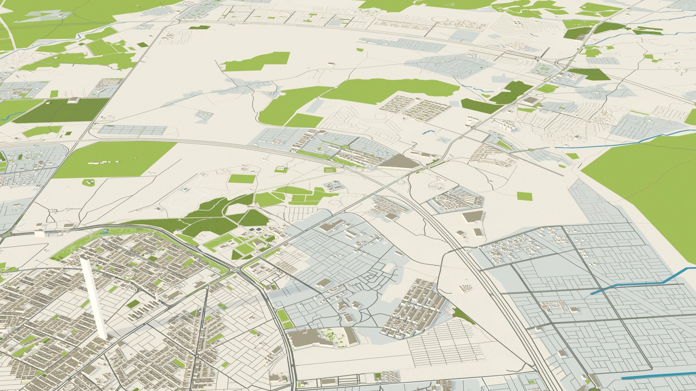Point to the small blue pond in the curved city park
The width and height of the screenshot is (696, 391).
(x=105, y=231)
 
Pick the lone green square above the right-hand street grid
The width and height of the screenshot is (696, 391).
(x=525, y=196)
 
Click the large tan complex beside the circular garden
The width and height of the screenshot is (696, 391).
(x=308, y=339)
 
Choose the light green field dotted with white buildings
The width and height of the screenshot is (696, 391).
(x=114, y=159)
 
